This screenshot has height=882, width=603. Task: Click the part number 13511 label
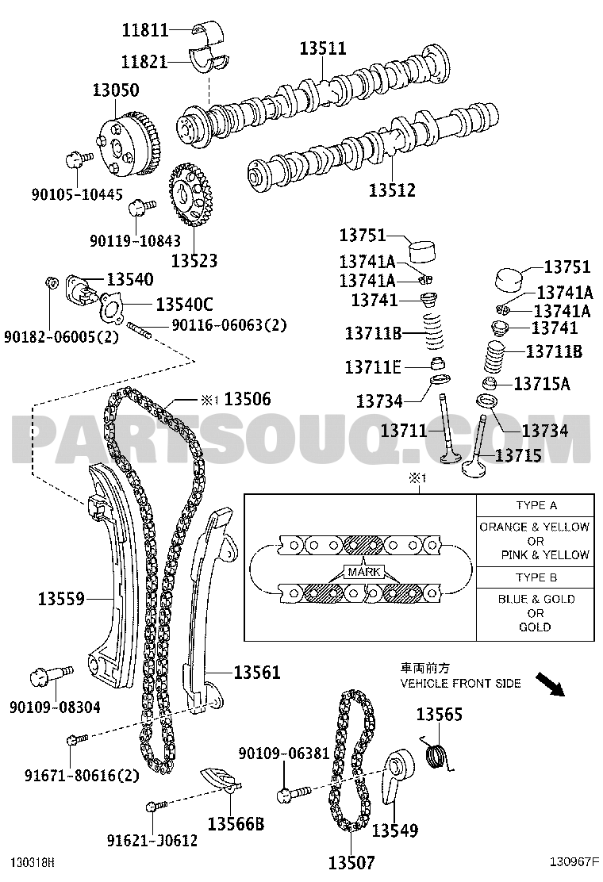click(322, 48)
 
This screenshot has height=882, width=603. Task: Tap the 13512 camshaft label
click(392, 190)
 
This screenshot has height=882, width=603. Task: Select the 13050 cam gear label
click(116, 90)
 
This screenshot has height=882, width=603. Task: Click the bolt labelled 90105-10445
click(79, 159)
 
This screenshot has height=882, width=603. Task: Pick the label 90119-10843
click(136, 241)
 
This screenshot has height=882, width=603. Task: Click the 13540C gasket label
click(185, 305)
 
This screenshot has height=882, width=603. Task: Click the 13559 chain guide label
click(61, 599)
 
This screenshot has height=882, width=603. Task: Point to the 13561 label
click(256, 672)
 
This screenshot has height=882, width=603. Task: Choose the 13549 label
click(395, 830)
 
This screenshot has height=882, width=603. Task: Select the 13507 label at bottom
click(351, 862)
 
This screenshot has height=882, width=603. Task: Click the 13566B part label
click(236, 824)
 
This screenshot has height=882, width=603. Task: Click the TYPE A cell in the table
click(536, 505)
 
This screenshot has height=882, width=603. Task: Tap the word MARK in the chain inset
click(364, 572)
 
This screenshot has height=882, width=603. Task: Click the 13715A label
click(542, 384)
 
